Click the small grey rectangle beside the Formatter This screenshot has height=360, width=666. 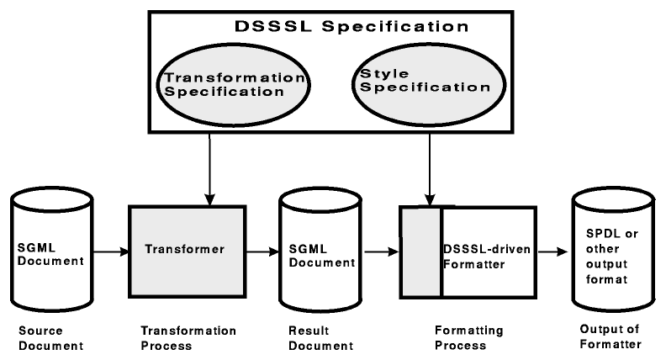[420, 250]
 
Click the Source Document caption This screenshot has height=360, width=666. [43, 337]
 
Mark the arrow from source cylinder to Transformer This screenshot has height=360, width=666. [108, 250]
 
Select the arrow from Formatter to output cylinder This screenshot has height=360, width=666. [552, 250]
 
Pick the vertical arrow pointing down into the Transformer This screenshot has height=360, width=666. [209, 168]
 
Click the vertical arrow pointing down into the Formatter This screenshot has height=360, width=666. [430, 168]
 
